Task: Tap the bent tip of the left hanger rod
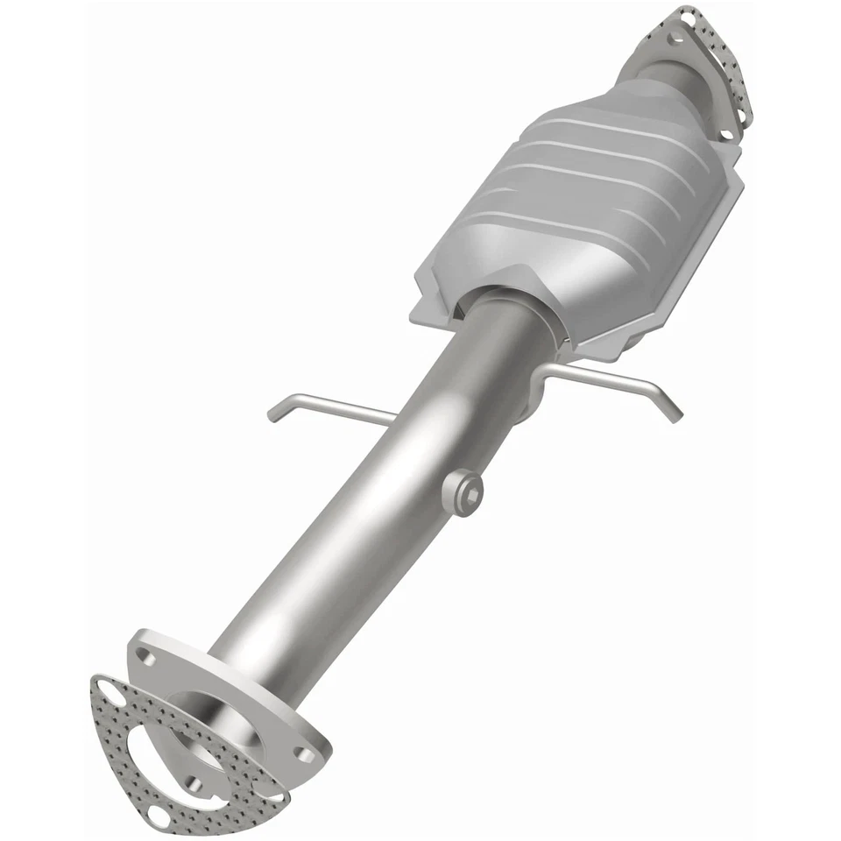coord(274,412)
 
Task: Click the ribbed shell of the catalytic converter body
coord(596,201)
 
